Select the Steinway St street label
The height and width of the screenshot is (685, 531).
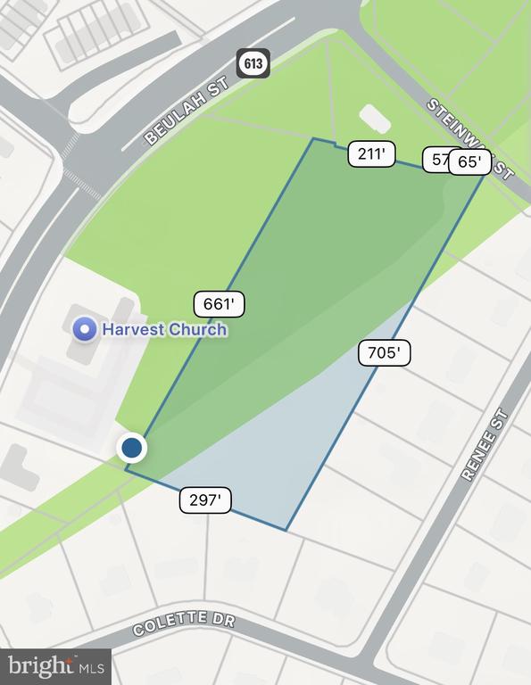click(x=469, y=138)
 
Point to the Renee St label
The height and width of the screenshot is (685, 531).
click(x=484, y=445)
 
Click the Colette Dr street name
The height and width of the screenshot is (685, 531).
click(x=184, y=623)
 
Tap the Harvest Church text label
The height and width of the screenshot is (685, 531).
click(x=164, y=329)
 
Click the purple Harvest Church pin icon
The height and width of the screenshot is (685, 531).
click(x=85, y=329)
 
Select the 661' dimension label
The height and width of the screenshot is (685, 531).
click(x=219, y=304)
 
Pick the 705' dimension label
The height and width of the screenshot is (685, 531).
click(x=384, y=353)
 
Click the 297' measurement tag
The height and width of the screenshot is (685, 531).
click(x=205, y=500)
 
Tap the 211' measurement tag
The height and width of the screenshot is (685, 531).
click(x=371, y=154)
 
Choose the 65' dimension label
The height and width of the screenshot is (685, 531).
click(x=469, y=162)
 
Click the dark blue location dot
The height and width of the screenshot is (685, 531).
click(x=132, y=447)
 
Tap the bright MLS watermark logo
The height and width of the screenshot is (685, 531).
click(x=55, y=665)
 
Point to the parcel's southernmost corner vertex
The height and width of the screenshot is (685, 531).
click(x=286, y=531)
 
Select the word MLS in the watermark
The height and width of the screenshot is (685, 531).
click(x=91, y=666)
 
